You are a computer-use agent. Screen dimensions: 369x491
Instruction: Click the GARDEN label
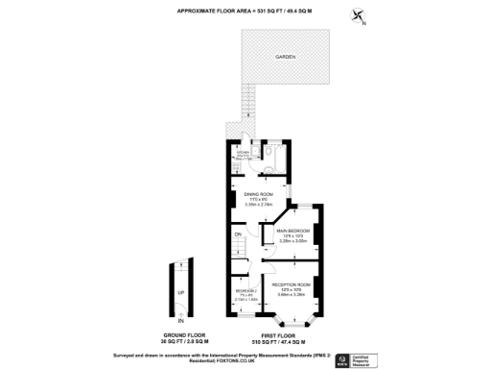click(x=286, y=59)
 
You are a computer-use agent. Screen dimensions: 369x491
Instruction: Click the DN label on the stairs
click(x=237, y=234)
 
